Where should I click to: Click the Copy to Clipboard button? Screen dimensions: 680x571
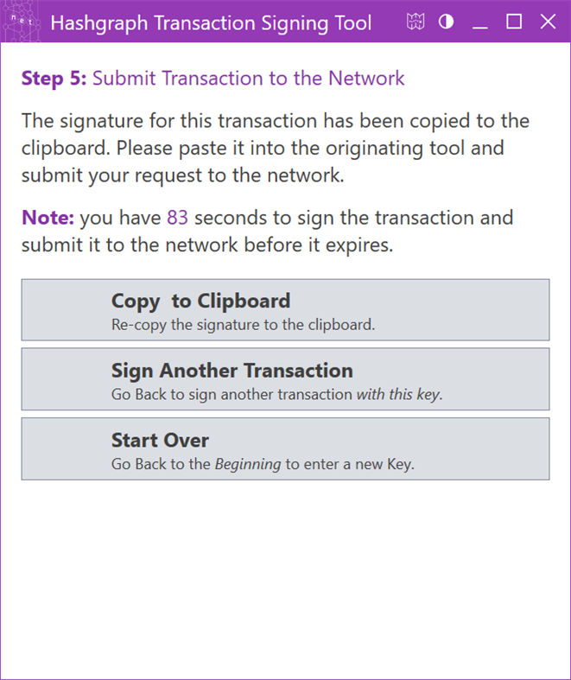pyautogui.click(x=285, y=309)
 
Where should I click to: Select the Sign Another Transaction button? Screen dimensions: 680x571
pyautogui.click(x=285, y=378)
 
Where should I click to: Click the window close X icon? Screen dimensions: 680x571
pyautogui.click(x=548, y=22)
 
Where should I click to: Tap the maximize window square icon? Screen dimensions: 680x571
pyautogui.click(x=514, y=22)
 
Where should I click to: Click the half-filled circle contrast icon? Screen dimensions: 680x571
pyautogui.click(x=446, y=22)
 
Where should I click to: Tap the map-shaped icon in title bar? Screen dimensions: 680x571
pyautogui.click(x=416, y=22)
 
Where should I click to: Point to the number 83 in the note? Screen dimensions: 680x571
pyautogui.click(x=177, y=217)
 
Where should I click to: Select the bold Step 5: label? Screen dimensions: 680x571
pyautogui.click(x=54, y=79)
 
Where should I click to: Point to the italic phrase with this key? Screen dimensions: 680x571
pyautogui.click(x=398, y=395)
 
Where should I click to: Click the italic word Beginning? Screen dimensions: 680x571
pyautogui.click(x=247, y=464)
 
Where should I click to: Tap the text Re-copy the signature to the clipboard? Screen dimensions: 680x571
pyautogui.click(x=244, y=326)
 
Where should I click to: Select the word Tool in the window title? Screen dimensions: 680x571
pyautogui.click(x=354, y=22)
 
